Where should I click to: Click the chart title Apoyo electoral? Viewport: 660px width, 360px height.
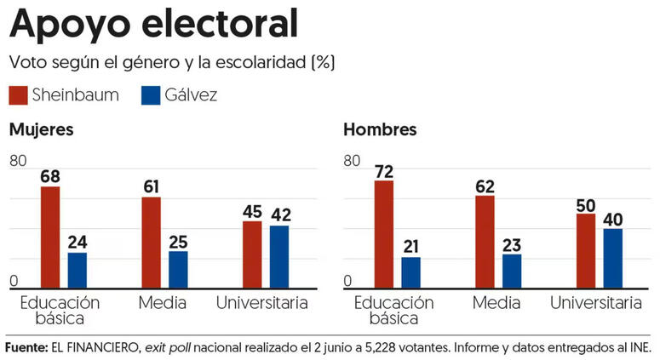tap(153, 25)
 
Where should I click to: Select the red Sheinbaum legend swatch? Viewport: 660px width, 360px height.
tap(19, 95)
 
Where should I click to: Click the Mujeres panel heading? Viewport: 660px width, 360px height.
tap(41, 130)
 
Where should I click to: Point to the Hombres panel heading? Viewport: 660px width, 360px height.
tap(380, 130)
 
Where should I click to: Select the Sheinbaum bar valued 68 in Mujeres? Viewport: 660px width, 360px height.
tap(50, 237)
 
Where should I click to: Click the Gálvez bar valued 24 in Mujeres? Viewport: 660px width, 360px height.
tap(77, 270)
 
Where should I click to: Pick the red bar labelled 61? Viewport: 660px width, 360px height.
tap(151, 243)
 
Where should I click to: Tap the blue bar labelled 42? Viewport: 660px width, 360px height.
tap(279, 256)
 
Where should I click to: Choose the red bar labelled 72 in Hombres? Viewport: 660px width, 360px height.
tap(384, 234)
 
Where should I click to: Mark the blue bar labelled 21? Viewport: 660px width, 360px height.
tap(411, 272)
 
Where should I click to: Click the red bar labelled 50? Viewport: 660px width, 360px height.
tap(586, 251)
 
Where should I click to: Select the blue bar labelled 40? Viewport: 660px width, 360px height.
tap(613, 258)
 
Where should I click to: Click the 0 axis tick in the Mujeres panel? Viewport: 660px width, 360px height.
tap(14, 282)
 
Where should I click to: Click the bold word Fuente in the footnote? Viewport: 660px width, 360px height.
tap(26, 348)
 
